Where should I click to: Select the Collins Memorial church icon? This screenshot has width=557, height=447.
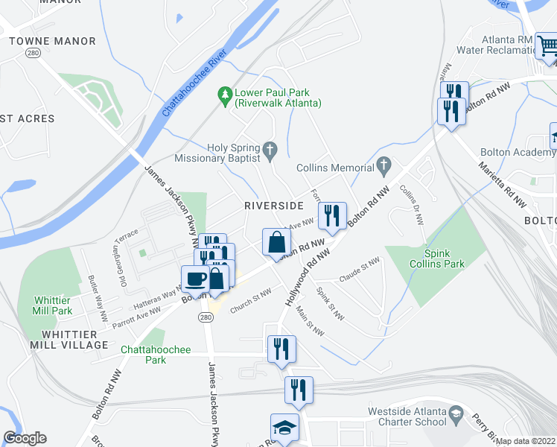[383, 164]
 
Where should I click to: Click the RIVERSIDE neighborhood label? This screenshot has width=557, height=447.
[274, 205]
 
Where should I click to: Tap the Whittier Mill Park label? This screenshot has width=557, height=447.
[52, 305]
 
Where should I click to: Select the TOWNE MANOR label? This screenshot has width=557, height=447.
[52, 41]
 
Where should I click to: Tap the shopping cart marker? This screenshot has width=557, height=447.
[547, 45]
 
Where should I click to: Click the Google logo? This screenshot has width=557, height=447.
[25, 437]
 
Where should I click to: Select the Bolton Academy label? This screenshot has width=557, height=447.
[518, 152]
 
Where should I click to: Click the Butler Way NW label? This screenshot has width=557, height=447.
[98, 291]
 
